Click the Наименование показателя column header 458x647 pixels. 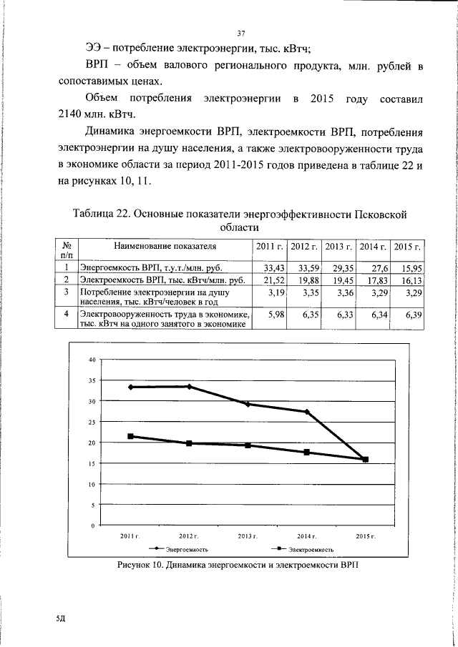tap(165, 246)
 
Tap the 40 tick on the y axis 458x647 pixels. tap(92, 360)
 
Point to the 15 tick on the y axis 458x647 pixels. tap(92, 463)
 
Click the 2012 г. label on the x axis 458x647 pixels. tap(188, 535)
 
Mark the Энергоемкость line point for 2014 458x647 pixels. tap(307, 412)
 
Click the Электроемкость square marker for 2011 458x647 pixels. tap(130, 436)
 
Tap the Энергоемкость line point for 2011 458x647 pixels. tap(130, 387)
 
